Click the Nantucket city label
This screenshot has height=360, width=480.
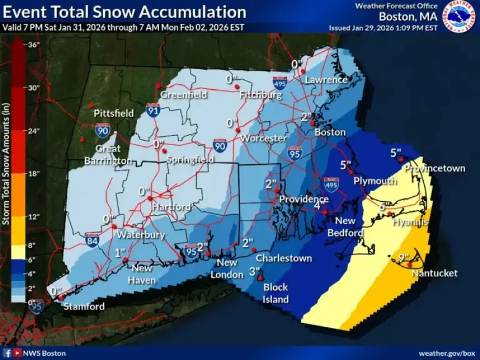pyautogui.click(x=434, y=273)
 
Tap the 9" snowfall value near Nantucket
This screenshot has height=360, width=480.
pyautogui.click(x=404, y=257)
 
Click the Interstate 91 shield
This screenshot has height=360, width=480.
pyautogui.click(x=153, y=110)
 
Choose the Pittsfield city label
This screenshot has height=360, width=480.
pyautogui.click(x=114, y=113)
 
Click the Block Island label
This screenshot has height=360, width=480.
pyautogui.click(x=275, y=293)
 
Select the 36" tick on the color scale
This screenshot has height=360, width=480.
pyautogui.click(x=34, y=45)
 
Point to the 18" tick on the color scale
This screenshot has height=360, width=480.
pyautogui.click(x=34, y=174)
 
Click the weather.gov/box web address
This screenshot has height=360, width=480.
pyautogui.click(x=446, y=353)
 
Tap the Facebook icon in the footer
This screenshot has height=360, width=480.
pyautogui.click(x=8, y=353)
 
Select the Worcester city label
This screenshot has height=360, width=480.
pyautogui.click(x=263, y=138)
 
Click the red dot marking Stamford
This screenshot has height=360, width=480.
pyautogui.click(x=61, y=298)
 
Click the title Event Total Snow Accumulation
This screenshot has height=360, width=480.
pyautogui.click(x=125, y=12)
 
